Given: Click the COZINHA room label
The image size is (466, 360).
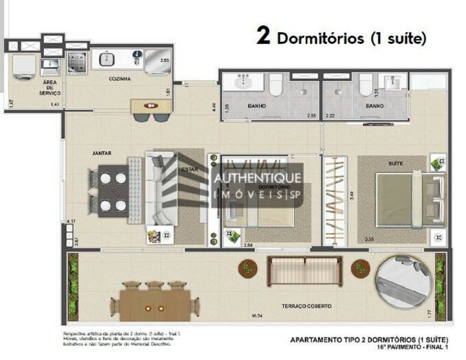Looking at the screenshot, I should point(120,79).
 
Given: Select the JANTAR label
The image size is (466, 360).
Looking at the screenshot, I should point(101,152).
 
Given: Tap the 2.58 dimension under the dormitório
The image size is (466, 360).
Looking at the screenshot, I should point(248,245).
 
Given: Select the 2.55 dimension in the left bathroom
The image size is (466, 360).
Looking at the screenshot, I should point(311,115).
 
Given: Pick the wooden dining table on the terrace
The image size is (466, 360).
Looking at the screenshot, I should point(154,305).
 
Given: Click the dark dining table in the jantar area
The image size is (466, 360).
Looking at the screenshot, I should point(113,191).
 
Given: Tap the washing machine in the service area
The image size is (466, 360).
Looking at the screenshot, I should point(24,66).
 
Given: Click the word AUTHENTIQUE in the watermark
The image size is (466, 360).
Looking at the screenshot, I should point(257,179).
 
